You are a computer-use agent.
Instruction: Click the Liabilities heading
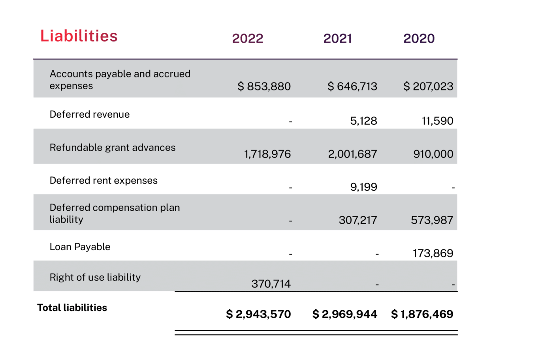(79, 36)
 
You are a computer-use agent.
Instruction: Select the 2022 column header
(248, 38)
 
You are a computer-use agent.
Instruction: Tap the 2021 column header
(337, 38)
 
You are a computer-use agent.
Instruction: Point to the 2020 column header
(419, 38)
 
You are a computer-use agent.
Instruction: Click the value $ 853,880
(264, 86)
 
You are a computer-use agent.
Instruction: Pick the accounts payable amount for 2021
(352, 86)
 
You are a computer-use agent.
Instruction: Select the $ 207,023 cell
(429, 86)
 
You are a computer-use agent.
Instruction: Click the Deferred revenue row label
(90, 114)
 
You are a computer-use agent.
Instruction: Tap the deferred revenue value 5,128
(363, 121)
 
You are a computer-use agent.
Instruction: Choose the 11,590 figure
(438, 121)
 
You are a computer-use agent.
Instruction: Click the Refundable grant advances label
(113, 148)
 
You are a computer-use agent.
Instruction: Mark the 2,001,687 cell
(352, 154)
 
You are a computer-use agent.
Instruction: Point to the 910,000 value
(433, 154)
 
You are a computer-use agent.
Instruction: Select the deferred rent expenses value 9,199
(363, 187)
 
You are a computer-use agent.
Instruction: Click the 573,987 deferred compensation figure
(432, 220)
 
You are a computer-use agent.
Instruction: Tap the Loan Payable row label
(80, 247)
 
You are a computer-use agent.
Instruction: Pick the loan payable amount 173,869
(433, 253)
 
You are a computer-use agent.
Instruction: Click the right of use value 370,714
(271, 283)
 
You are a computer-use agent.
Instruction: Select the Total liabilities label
(72, 308)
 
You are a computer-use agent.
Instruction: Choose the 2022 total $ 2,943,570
(258, 314)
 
